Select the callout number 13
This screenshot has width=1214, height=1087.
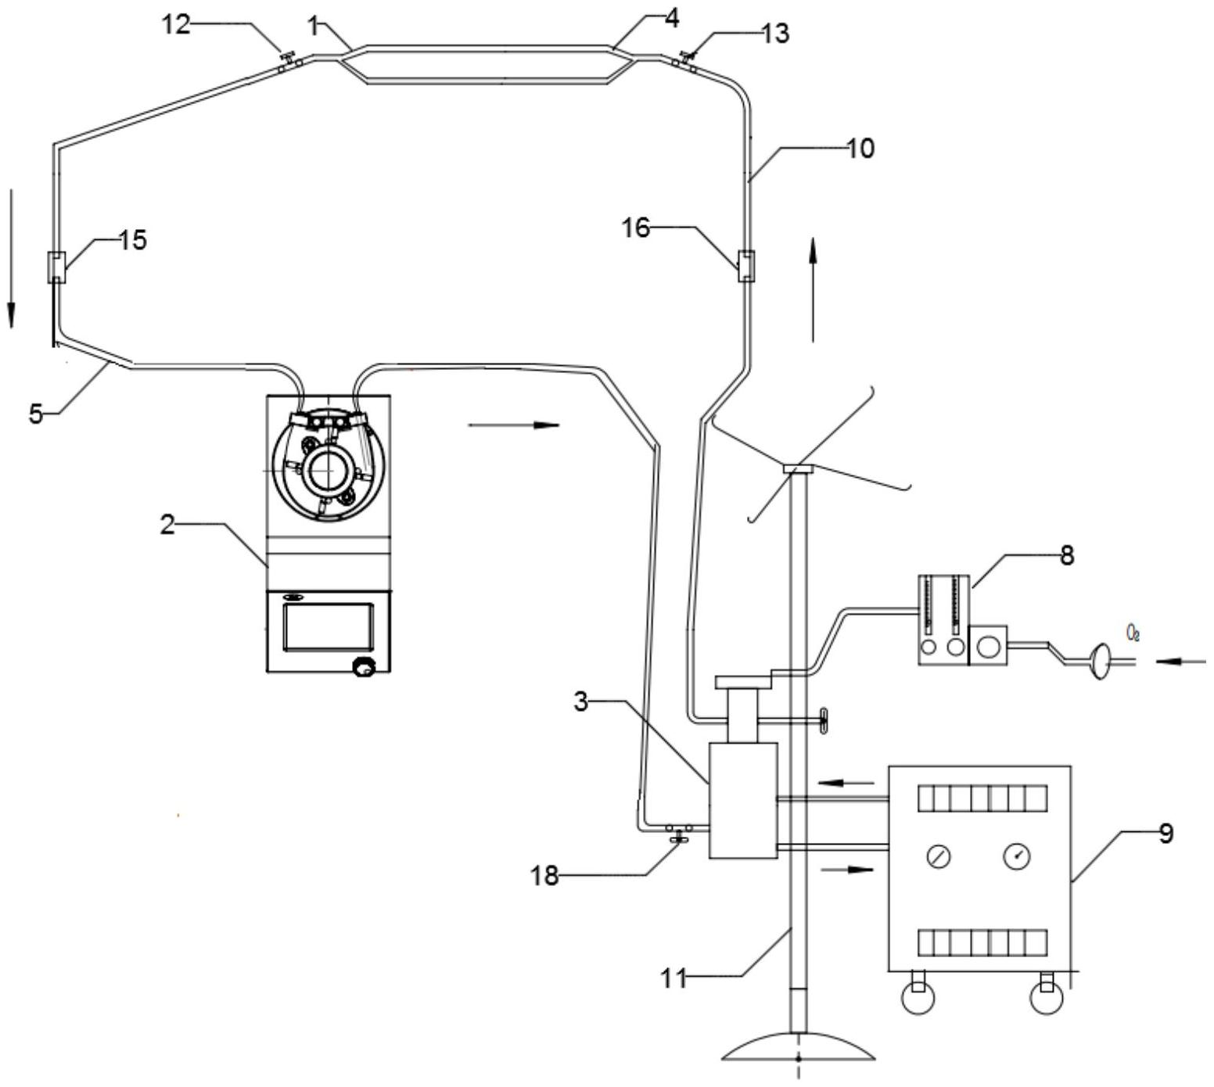pos(774,34)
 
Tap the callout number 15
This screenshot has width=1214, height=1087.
pos(133,240)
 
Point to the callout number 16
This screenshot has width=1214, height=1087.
pos(636,228)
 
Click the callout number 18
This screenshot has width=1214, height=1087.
pos(545,876)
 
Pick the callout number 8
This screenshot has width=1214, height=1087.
pos(1067,555)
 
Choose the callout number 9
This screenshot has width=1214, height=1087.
pos(1166,834)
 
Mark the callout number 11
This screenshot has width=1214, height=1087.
pos(674,978)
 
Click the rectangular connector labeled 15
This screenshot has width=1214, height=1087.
pos(57,267)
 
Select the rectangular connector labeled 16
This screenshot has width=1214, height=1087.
pos(747,266)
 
